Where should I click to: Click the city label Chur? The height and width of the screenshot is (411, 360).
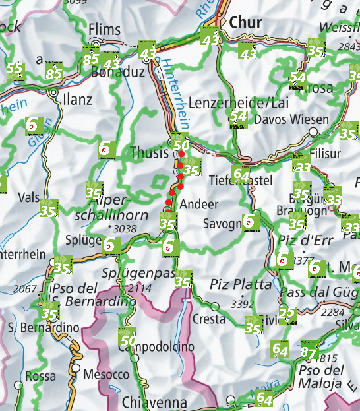(245, 23)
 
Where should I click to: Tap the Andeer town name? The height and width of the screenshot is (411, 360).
(198, 204)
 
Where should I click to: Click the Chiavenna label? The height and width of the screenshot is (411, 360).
(154, 402)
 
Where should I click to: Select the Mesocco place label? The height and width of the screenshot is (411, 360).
(105, 374)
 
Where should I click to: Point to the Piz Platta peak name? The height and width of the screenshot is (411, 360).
(240, 284)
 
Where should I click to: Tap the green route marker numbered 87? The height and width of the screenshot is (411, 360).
(308, 352)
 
